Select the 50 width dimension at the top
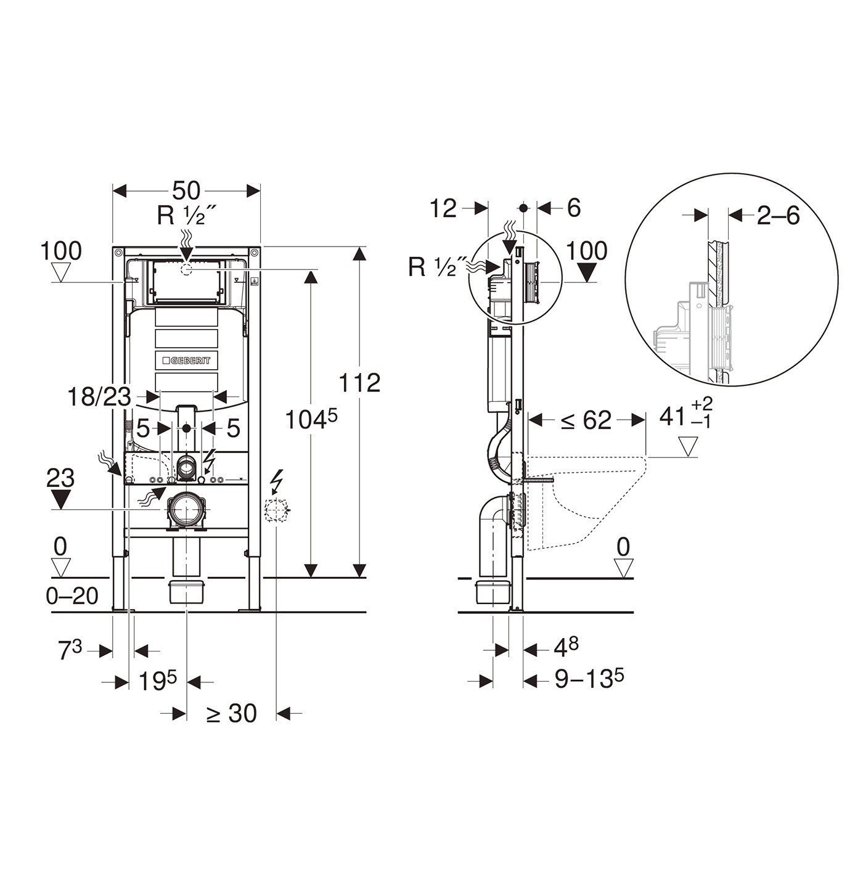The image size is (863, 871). (x=186, y=190)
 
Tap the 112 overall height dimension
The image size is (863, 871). (x=359, y=382)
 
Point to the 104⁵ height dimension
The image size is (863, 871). (x=311, y=421)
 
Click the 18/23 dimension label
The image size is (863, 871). (x=99, y=398)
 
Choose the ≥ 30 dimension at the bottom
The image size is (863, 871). (x=231, y=714)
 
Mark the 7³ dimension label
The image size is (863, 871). (x=71, y=652)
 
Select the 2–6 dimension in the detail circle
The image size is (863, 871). (x=778, y=216)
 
